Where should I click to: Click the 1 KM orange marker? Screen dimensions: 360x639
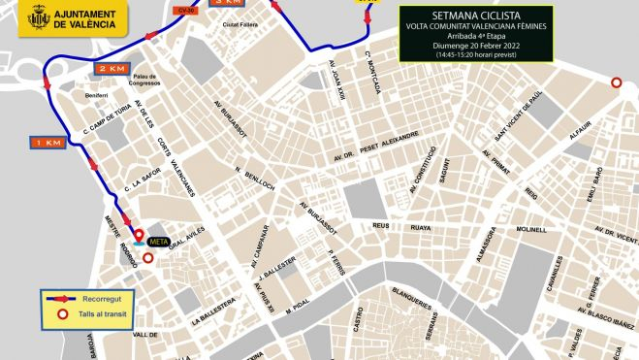pos(47,143)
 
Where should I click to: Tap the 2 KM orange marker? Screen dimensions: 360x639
pos(111,70)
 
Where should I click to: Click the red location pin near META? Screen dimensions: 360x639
pos(138,235)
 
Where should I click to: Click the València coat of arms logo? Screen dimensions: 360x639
pos(36,16)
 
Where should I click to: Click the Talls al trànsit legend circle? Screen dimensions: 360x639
pos(63,314)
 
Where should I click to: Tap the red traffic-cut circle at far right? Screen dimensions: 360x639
pos(617,83)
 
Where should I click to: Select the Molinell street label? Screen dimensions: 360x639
pos(532,230)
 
